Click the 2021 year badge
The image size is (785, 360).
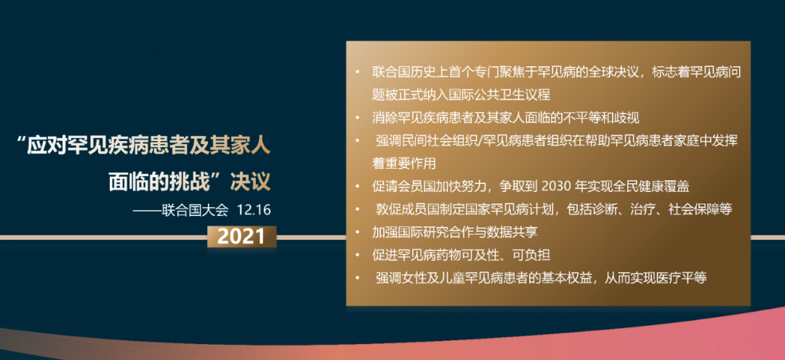(241, 236)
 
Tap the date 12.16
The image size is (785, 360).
(254, 209)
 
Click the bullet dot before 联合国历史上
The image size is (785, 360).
(358, 71)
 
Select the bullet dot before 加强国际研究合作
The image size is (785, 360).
(358, 232)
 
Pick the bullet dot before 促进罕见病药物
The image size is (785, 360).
(358, 255)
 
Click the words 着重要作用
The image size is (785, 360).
(401, 163)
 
